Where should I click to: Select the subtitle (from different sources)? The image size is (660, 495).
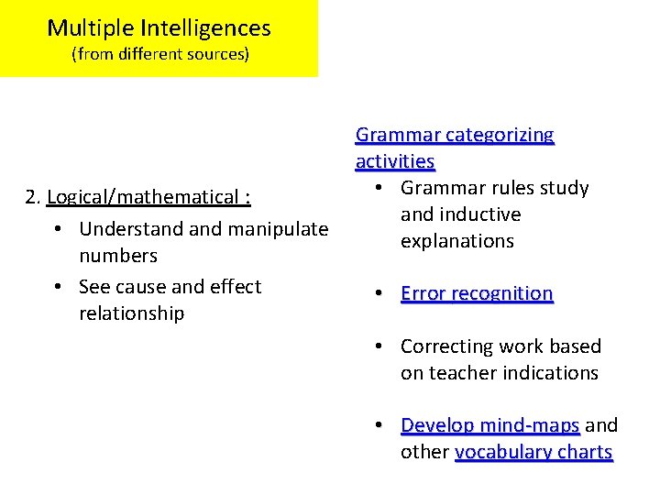coord(159,54)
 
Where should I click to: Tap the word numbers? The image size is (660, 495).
coord(118,255)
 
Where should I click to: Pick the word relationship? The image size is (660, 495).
coord(132,313)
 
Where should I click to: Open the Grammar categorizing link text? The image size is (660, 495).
coord(455,136)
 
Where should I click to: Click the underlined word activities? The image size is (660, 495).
coord(395,161)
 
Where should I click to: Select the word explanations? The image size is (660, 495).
coord(457,241)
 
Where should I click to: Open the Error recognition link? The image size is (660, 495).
coord(477,293)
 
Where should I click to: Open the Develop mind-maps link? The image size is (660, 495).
coord(489,425)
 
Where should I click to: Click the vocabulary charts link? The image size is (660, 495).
coord(533,452)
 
